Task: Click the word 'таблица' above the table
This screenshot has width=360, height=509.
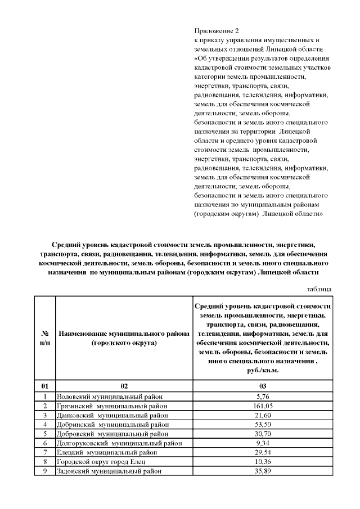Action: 319,289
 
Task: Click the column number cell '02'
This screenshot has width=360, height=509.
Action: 124,386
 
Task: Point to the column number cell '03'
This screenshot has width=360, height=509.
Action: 262,386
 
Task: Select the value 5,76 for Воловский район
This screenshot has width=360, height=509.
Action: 262,396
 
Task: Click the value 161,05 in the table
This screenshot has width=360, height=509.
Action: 262,406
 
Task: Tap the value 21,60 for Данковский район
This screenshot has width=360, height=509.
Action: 262,415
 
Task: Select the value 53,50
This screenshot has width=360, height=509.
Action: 262,424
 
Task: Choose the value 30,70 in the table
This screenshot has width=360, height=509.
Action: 262,434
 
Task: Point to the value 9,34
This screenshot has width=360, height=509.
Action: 262,443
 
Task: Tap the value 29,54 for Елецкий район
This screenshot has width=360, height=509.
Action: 262,452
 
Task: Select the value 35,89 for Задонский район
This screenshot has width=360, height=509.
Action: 262,471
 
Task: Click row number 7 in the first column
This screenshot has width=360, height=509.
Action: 44,452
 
